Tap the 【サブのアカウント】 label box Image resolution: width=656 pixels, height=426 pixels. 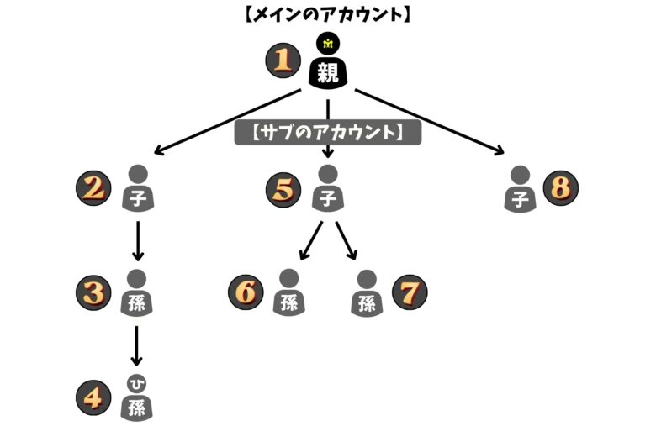click(x=327, y=133)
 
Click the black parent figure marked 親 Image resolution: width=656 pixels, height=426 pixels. click(x=328, y=67)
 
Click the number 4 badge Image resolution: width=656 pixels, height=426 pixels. click(x=93, y=397)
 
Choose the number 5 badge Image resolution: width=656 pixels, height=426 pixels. click(x=283, y=188)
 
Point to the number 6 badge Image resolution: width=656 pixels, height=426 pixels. click(x=246, y=292)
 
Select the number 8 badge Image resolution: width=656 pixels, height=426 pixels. click(x=561, y=187)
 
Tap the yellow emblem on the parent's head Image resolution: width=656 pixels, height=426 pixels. click(x=328, y=43)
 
